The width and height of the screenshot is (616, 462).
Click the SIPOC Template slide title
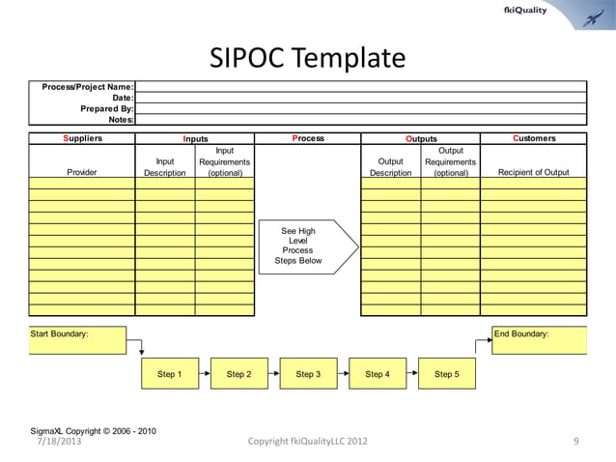(308, 59)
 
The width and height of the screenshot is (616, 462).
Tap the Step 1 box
(169, 374)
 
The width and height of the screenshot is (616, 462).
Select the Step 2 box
(238, 374)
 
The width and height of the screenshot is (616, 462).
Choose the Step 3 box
(308, 374)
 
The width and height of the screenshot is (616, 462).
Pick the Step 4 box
(378, 374)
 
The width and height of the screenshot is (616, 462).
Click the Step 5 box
(447, 374)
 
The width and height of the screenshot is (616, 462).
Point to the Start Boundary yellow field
(77, 340)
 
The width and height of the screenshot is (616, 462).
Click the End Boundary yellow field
(539, 340)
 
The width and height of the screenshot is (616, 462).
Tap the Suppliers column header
(82, 138)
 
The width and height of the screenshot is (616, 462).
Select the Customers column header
(533, 138)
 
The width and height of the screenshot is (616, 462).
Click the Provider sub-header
(82, 173)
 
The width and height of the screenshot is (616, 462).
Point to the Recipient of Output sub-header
(533, 173)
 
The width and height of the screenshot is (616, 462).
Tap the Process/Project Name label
(87, 87)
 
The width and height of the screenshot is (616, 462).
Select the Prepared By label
(106, 108)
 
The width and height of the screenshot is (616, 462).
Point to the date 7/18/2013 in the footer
(60, 442)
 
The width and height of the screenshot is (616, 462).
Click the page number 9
(575, 442)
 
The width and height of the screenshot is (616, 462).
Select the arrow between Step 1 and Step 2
(204, 374)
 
